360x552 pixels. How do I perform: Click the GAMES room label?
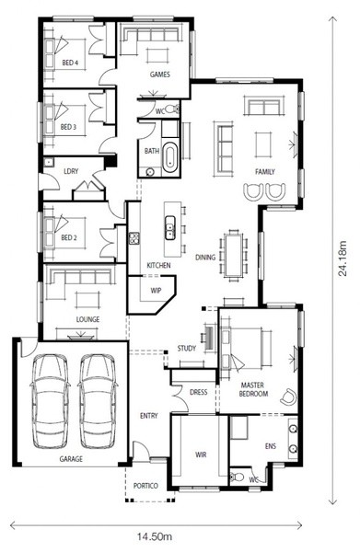click(160, 75)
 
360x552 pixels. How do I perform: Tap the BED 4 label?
click(70, 63)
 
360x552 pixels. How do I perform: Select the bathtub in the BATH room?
click(171, 157)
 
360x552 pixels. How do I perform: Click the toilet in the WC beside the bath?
click(172, 109)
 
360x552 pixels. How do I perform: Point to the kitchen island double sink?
click(170, 227)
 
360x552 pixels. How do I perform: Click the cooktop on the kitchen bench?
click(134, 238)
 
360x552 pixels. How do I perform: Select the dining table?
click(234, 255)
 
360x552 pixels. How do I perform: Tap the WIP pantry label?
click(156, 291)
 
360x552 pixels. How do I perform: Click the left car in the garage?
click(50, 401)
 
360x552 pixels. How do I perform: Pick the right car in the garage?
click(98, 401)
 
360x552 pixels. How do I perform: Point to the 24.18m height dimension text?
click(343, 259)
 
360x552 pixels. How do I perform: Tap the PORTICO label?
click(145, 486)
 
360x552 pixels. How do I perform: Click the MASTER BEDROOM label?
click(253, 389)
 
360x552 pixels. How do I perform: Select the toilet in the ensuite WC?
click(237, 477)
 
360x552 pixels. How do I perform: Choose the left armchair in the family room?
click(253, 192)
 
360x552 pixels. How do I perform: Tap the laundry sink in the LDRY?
click(48, 162)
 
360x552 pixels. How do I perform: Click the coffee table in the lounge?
click(87, 301)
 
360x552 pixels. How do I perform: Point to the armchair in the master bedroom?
click(289, 397)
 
